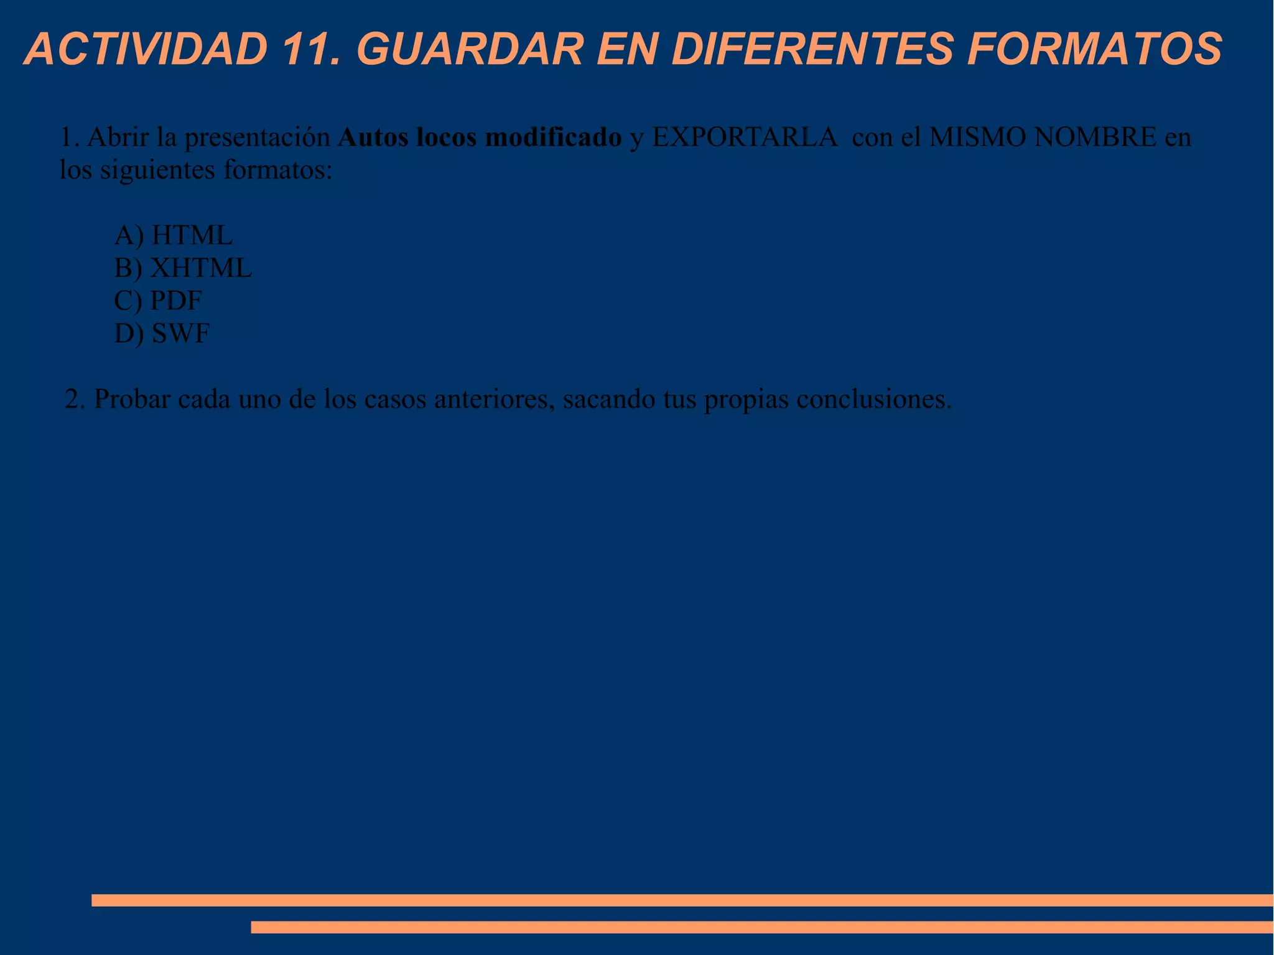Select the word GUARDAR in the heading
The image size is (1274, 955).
(470, 49)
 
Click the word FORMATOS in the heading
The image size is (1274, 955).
(1095, 49)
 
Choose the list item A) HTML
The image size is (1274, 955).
(173, 235)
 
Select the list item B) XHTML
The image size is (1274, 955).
(183, 268)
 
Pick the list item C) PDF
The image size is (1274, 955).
(158, 300)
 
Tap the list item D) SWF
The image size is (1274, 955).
(162, 333)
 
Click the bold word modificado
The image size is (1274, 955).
(553, 137)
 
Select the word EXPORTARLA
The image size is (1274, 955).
(745, 137)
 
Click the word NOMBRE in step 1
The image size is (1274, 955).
(1095, 137)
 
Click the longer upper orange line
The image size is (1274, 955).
(682, 900)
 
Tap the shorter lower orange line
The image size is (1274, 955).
(761, 927)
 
